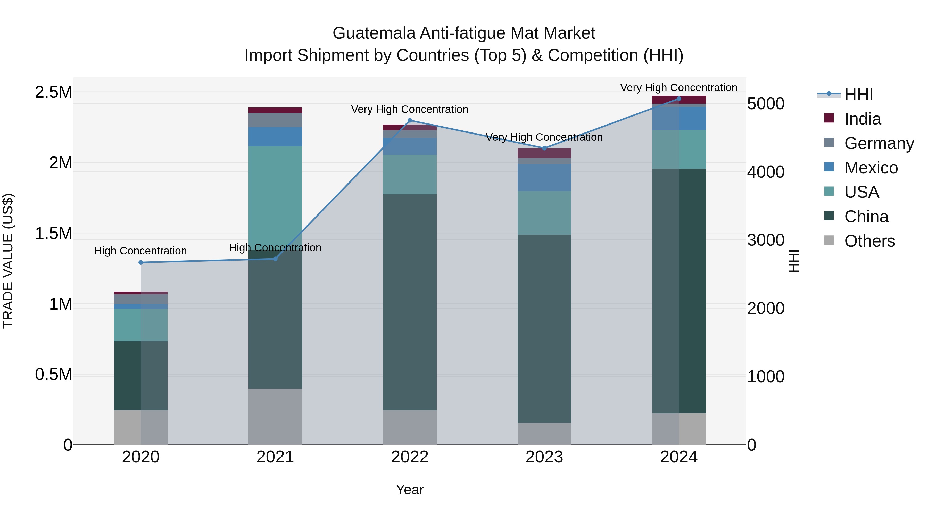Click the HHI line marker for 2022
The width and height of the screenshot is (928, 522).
pos(410,120)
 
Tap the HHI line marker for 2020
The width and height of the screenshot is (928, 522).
pos(141,263)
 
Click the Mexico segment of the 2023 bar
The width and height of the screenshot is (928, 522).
pos(544,177)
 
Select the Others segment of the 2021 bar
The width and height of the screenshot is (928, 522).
pos(275,417)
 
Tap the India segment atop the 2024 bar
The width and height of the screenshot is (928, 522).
pos(679,100)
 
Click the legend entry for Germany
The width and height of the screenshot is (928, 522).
pos(879,143)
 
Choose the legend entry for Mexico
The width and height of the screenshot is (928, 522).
pos(871,168)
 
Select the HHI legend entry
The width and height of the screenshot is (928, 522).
pos(858,94)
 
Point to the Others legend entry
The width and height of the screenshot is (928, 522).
pos(869,241)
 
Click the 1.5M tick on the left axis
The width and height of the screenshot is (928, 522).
pos(54,234)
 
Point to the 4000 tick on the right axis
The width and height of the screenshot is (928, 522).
pos(766,172)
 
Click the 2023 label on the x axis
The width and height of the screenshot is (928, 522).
pos(544,457)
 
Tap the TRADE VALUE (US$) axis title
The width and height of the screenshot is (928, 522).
pos(8,261)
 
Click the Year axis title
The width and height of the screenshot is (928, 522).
pos(410,490)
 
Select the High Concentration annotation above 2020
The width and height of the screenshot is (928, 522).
pos(140,251)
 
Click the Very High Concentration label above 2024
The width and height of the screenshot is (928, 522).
pos(679,88)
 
